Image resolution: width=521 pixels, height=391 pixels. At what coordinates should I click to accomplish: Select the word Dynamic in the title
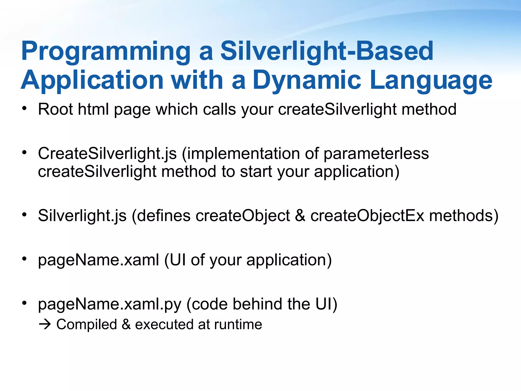[x=307, y=80]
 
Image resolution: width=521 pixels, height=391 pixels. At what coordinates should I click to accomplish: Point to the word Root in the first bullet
[x=55, y=109]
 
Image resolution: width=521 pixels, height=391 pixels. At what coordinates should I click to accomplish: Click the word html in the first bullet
[x=93, y=109]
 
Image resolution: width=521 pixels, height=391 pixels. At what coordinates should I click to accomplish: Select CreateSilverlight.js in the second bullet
[x=107, y=154]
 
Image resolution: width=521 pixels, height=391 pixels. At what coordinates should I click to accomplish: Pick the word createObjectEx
[x=367, y=216]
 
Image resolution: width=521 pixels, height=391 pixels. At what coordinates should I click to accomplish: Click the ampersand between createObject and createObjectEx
[x=300, y=216]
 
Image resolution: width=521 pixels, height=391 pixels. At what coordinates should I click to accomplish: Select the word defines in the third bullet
[x=164, y=216]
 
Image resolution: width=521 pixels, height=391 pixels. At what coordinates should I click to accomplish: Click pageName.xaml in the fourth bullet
[x=98, y=260]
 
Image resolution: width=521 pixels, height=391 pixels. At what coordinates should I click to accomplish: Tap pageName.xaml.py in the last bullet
[x=110, y=304]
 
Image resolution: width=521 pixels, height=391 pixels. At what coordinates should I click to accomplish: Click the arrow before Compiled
[x=45, y=325]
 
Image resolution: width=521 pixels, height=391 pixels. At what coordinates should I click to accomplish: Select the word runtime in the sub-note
[x=238, y=325]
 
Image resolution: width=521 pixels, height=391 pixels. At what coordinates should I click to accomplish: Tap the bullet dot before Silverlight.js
[x=24, y=215]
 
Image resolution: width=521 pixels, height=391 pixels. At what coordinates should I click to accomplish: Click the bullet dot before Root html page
[x=24, y=109]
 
